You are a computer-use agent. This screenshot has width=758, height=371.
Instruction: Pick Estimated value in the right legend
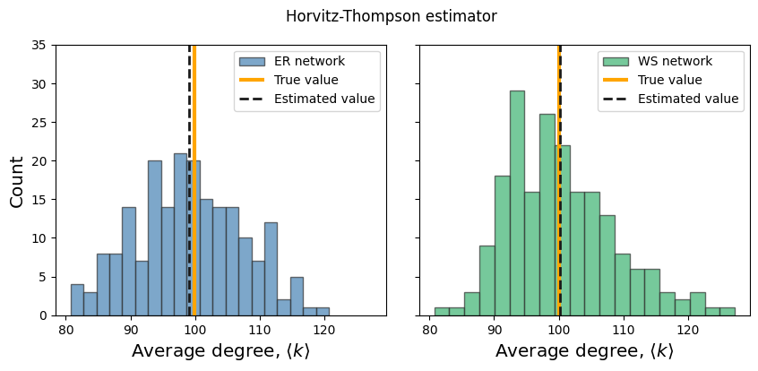[688, 99]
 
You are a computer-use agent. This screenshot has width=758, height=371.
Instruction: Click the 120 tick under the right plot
[688, 330]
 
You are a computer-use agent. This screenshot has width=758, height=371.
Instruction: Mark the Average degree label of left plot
[220, 351]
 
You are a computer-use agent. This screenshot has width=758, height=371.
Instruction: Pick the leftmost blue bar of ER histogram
[77, 300]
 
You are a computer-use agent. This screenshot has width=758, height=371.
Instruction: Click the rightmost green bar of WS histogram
[728, 312]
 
